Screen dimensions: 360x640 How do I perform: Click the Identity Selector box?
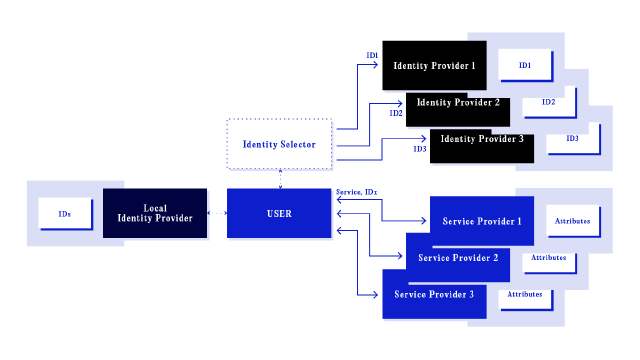279,144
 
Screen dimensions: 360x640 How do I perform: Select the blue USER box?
279,213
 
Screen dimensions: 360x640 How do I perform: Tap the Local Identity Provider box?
155,213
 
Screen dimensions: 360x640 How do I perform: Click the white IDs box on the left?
65,214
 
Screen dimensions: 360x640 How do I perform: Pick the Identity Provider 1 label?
434,66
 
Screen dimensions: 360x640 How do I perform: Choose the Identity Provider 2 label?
458,102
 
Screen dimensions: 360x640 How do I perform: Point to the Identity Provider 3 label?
482,139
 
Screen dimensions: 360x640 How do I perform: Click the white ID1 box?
525,65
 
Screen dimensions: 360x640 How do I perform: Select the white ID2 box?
548,102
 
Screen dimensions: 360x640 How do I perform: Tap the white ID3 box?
572,138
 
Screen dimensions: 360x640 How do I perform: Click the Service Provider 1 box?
482,221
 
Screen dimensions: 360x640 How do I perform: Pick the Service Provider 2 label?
458,258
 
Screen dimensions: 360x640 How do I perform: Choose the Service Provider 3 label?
434,295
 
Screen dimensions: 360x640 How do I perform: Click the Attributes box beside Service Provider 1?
573,221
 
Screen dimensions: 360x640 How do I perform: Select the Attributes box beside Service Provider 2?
549,257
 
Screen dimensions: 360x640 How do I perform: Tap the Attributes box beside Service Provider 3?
525,294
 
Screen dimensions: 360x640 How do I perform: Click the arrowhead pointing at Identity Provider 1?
377,66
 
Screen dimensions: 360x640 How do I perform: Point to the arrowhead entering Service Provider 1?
425,220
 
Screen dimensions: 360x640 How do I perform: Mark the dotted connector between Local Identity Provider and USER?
217,213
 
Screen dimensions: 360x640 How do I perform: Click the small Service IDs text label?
356,191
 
